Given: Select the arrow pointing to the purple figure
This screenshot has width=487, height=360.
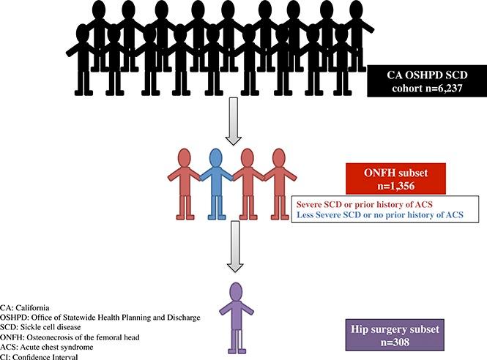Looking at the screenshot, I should [234, 253].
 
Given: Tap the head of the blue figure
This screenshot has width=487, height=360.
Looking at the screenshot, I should [215, 157].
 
